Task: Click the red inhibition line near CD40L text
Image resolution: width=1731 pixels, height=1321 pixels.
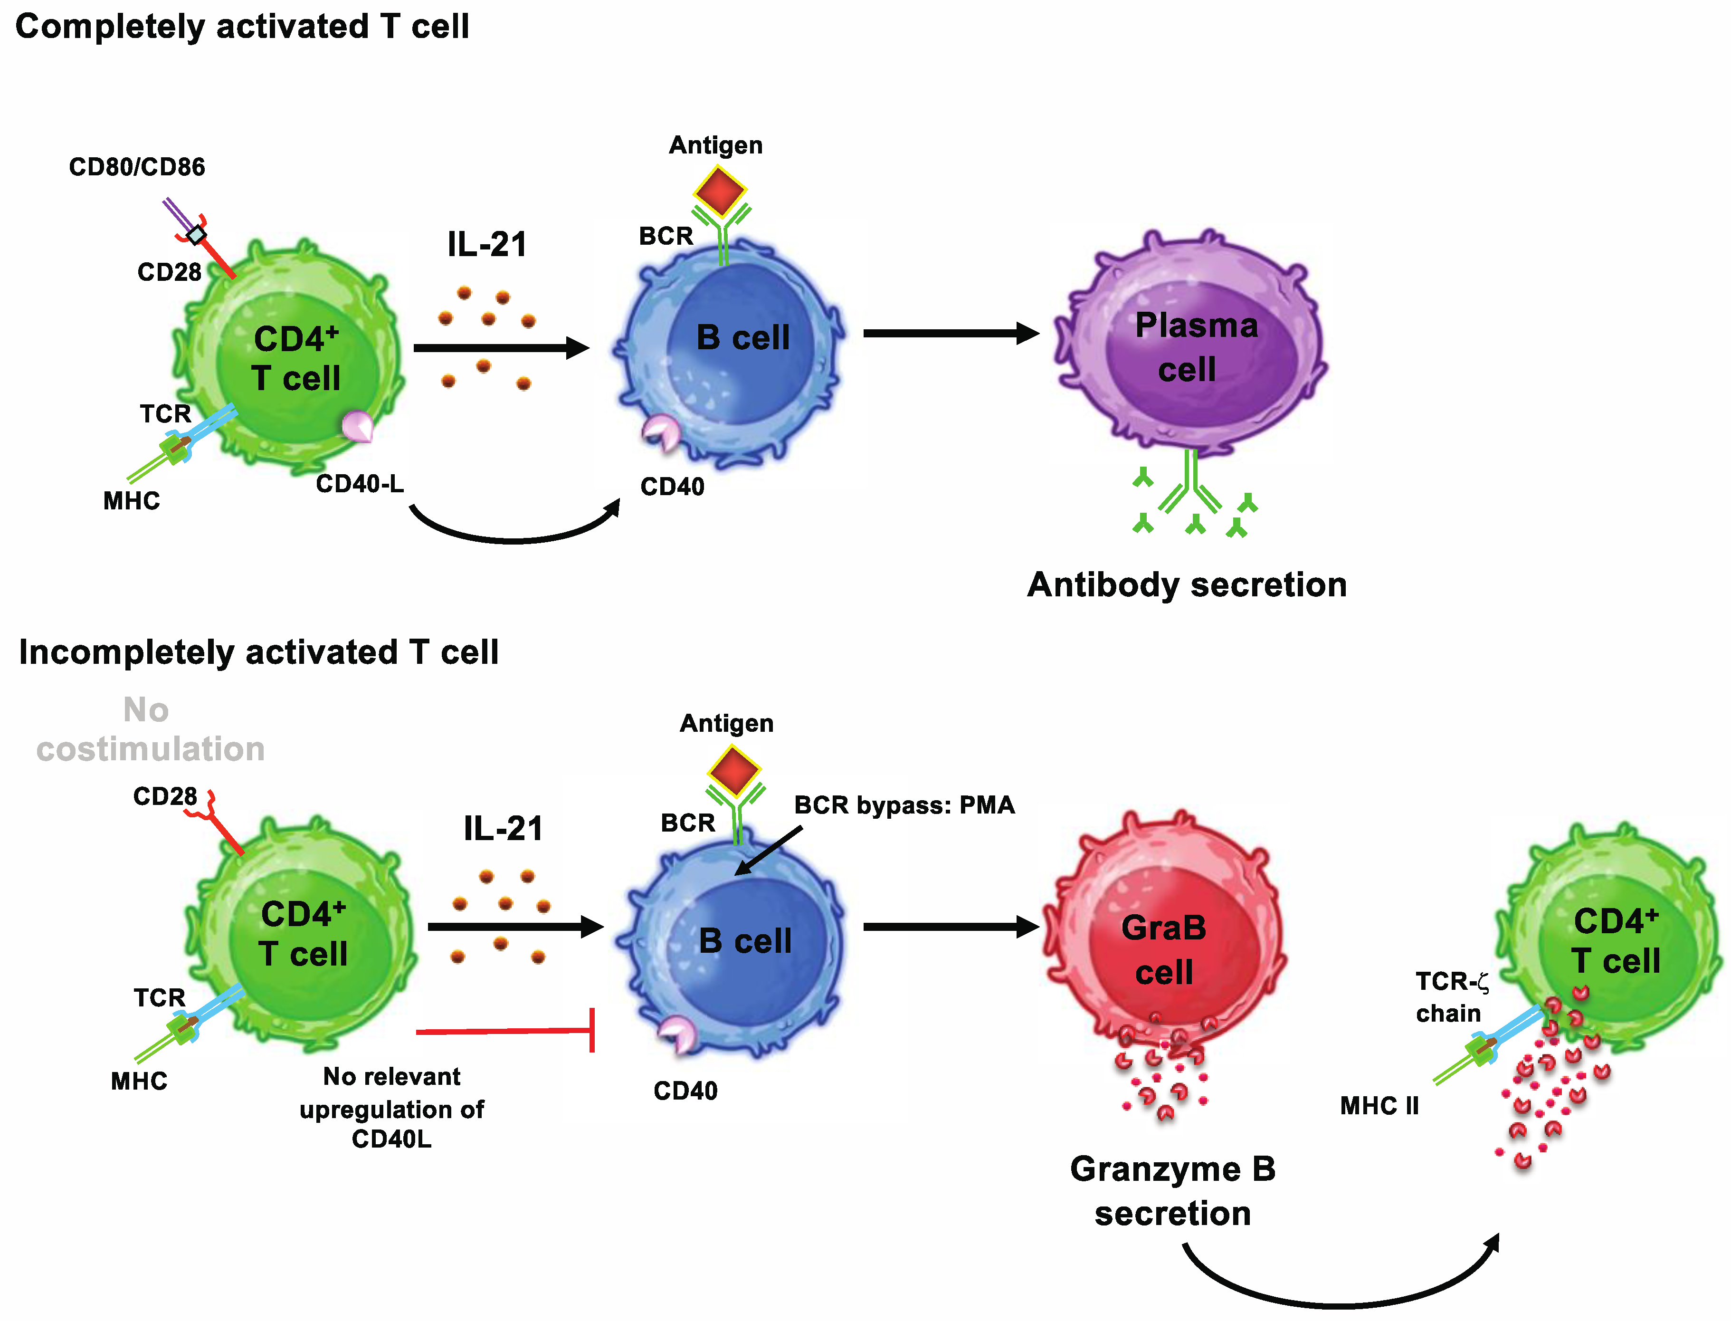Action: pos(503,1031)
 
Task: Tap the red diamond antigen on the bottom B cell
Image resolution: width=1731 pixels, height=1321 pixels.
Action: pos(733,771)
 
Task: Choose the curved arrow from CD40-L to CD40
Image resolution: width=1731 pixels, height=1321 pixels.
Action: pos(515,534)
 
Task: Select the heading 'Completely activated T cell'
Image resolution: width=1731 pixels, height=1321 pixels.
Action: pos(242,27)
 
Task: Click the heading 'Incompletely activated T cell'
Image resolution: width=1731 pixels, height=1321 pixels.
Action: pos(258,652)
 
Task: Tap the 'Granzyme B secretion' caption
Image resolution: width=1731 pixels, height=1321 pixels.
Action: pos(1172,1191)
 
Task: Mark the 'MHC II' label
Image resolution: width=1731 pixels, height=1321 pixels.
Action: pos(1379,1106)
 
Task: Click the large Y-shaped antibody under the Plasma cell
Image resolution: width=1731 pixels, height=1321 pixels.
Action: pos(1191,484)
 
